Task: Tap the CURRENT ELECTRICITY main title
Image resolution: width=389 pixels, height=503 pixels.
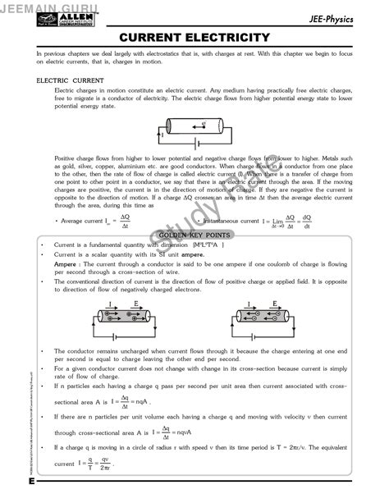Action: click(x=194, y=38)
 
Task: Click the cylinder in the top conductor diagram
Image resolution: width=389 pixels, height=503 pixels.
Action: click(x=194, y=126)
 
